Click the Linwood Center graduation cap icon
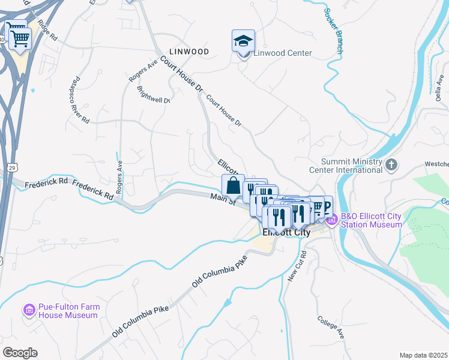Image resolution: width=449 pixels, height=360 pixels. [x=243, y=41]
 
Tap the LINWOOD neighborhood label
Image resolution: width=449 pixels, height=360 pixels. [x=189, y=52]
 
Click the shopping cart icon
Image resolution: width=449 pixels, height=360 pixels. [x=20, y=38]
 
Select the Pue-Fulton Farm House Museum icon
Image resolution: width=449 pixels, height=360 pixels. [x=29, y=310]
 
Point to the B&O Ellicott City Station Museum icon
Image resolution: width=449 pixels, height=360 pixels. [x=332, y=220]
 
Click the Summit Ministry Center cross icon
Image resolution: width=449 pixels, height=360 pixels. [x=391, y=165]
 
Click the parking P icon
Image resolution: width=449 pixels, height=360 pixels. [x=327, y=208]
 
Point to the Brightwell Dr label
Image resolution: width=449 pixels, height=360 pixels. [x=154, y=94]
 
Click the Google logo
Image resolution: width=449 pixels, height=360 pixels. [x=20, y=353]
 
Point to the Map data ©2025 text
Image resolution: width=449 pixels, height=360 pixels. [x=423, y=355]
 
